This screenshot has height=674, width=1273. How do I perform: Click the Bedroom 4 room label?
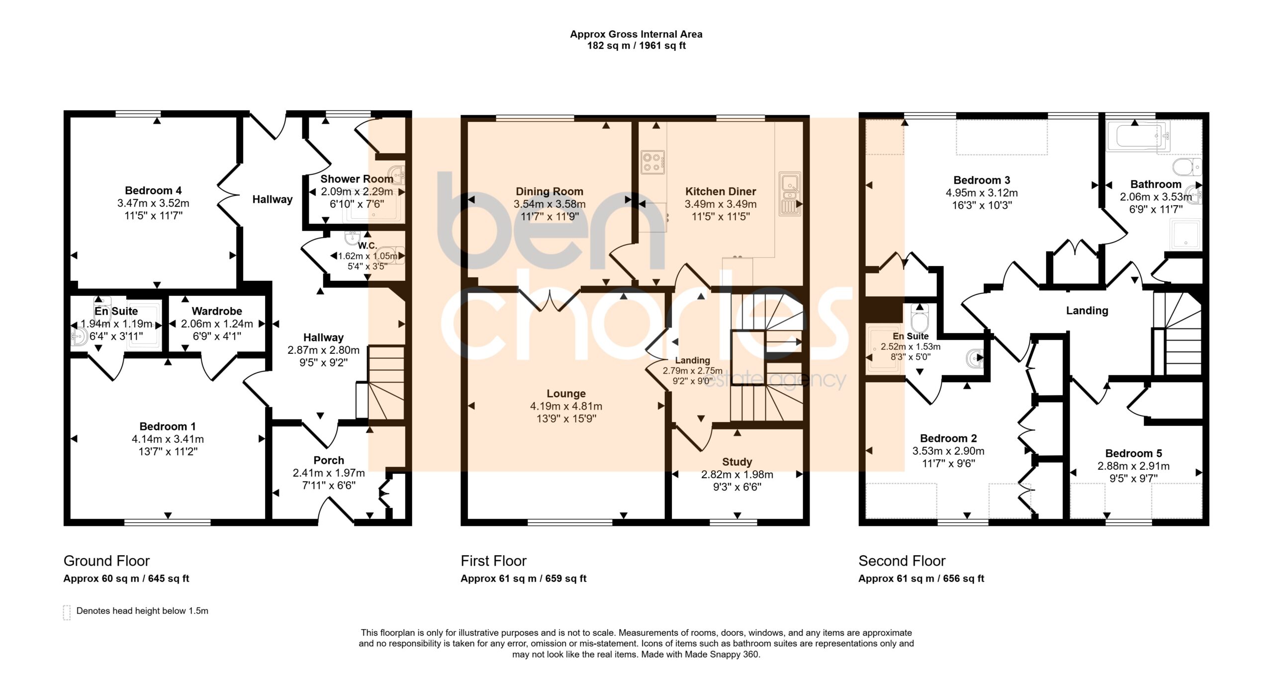[x=153, y=190]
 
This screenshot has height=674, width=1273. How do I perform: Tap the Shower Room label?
[x=357, y=179]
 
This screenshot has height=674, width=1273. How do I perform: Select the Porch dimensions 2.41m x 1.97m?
[x=329, y=473]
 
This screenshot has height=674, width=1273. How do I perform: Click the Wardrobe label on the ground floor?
[x=217, y=311]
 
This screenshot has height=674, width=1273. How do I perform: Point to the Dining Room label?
[x=549, y=191]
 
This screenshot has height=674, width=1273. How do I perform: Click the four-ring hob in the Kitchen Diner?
[x=652, y=162]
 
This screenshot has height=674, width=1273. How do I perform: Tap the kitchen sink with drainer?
[x=790, y=194]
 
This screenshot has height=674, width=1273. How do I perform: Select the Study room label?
[x=737, y=462]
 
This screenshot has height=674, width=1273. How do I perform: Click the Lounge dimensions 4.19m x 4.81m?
[x=566, y=406]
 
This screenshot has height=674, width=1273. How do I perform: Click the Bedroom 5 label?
[x=1133, y=453]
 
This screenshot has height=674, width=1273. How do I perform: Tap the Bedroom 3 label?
[x=982, y=180]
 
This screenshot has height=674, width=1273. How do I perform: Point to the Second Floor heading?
[x=902, y=561]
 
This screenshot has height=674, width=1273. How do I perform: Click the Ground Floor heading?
[x=106, y=561]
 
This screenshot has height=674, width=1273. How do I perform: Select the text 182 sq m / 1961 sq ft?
[x=636, y=46]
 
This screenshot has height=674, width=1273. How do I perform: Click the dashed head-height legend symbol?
[x=67, y=612]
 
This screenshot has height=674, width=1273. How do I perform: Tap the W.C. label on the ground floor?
[x=367, y=246]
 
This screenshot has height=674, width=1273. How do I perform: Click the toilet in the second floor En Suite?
[x=919, y=318]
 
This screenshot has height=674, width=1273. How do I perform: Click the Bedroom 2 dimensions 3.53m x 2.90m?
[x=948, y=451]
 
